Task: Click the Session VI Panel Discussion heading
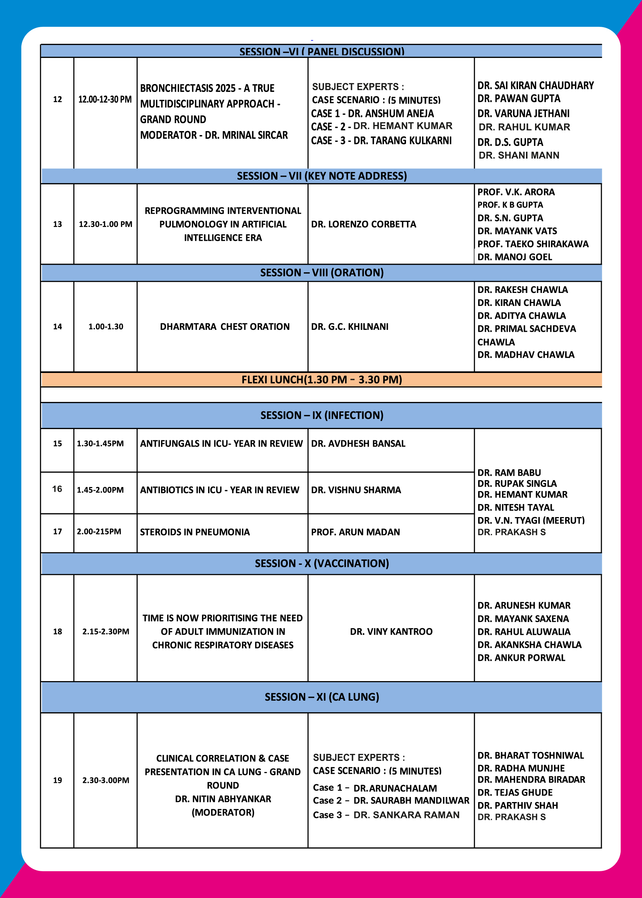point(322,52)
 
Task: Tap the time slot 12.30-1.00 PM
point(105,224)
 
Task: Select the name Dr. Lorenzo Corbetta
point(363,224)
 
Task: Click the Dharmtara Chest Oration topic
point(224,327)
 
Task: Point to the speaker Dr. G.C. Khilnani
point(349,327)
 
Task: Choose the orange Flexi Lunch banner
point(322,379)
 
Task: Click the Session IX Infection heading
point(322,415)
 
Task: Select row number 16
point(57,489)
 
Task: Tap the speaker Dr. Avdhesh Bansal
point(358,444)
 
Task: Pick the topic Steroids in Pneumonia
point(195,532)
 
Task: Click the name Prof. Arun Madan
point(355,532)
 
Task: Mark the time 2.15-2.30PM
point(105,631)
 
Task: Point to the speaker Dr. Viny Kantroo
point(391,631)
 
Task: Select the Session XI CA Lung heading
point(322,697)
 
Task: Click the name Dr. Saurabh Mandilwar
point(411,801)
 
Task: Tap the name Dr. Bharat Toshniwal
point(530,755)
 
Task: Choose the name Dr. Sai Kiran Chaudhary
point(536,86)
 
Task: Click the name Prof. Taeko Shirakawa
point(533,244)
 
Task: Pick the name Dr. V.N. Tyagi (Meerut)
point(531,520)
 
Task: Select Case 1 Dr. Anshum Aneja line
point(372,114)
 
